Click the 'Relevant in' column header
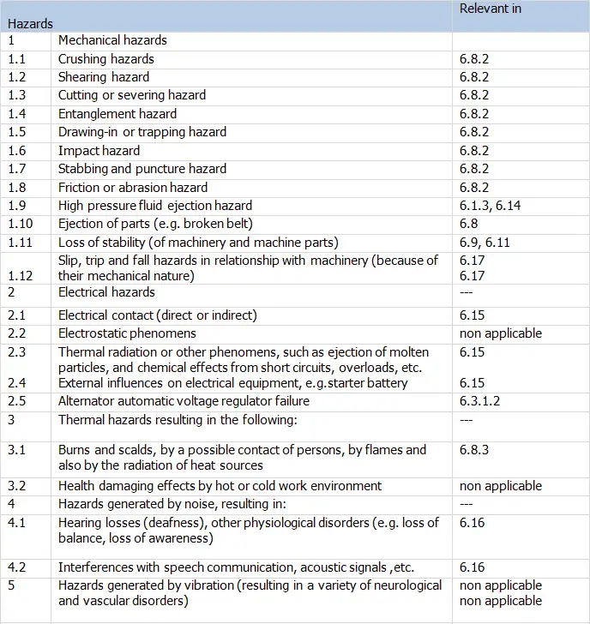click(x=491, y=9)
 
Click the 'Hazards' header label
click(x=30, y=24)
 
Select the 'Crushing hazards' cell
click(x=106, y=59)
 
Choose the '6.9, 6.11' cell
click(x=485, y=243)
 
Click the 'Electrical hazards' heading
click(x=107, y=291)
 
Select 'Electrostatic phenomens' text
click(x=127, y=333)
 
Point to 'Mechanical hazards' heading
click(x=112, y=40)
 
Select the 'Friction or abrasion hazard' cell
click(x=133, y=188)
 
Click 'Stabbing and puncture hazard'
click(x=142, y=169)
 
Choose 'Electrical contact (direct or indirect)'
click(x=157, y=315)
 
